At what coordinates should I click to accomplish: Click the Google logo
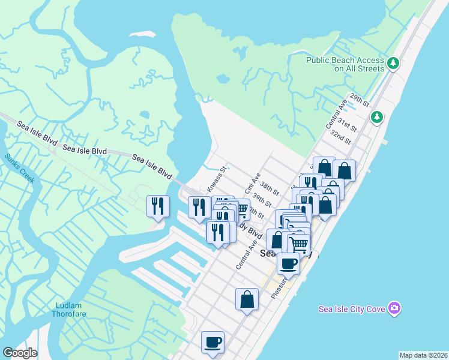coord(20,353)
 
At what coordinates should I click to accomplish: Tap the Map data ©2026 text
coord(423,355)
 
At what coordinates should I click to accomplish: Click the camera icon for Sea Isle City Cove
coord(394,308)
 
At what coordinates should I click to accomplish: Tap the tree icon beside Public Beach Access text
coord(393,62)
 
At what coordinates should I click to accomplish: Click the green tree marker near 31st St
coord(377,117)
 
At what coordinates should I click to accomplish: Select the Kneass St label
coord(216,179)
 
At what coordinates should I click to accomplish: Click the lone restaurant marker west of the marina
coord(158,206)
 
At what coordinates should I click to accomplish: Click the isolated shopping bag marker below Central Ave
coord(247,299)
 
